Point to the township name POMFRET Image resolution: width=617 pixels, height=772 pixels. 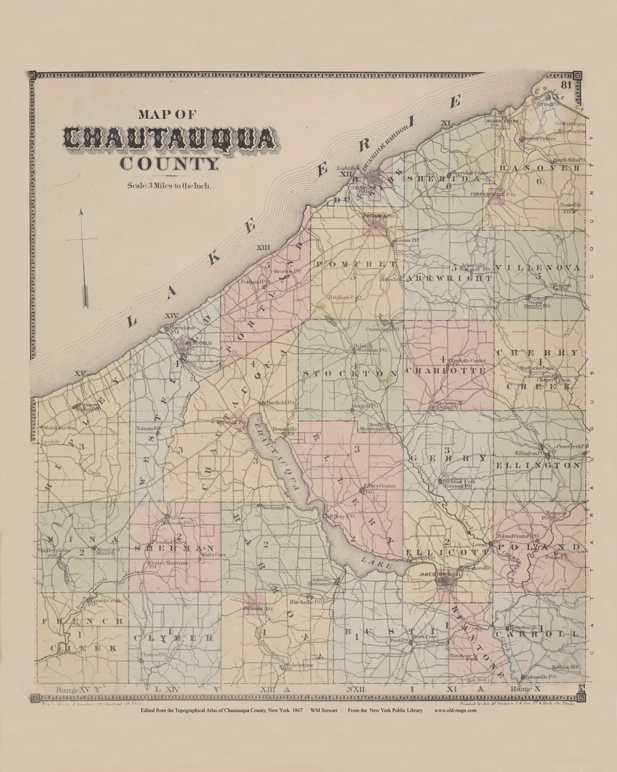[x=356, y=264]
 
